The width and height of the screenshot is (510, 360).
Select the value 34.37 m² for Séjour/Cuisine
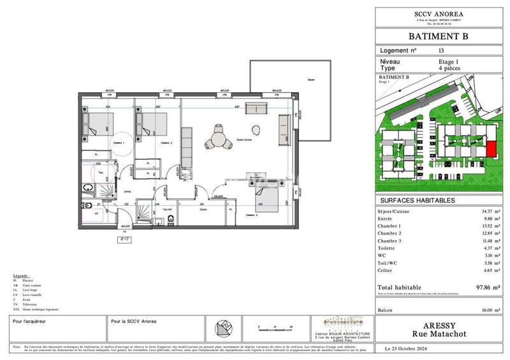point(483,211)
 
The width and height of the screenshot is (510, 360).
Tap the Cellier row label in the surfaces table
point(388,271)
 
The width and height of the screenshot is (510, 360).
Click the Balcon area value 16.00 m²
point(483,310)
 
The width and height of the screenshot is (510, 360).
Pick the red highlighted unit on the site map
point(491,148)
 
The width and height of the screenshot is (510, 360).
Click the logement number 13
point(441,50)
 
